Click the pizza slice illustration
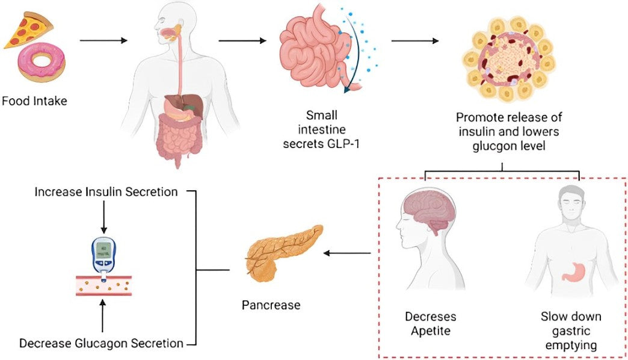coord(29,33)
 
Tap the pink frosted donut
coord(40,63)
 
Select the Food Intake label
coord(34,101)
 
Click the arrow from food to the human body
coord(103,41)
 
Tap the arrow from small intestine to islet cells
coord(414,42)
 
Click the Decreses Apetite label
coord(429,323)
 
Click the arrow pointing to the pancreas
coord(347,253)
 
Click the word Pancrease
coord(271,305)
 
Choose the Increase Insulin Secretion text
coord(106,192)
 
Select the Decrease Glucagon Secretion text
coord(101,344)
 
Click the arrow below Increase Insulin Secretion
coord(103,217)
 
